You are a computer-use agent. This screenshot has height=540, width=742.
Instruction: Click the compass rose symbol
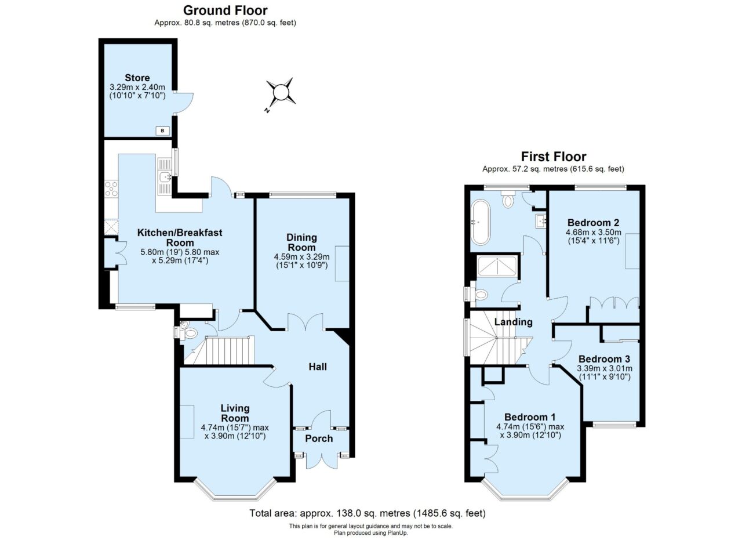pos(281,91)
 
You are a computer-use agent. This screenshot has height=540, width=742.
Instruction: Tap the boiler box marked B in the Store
pos(163,131)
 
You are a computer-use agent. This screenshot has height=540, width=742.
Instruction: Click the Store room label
pos(137,78)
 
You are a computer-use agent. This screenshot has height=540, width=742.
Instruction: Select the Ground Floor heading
pos(225,10)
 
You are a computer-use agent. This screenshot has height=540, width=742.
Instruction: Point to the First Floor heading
pos(554,157)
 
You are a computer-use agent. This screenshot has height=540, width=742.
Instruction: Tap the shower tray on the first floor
pos(497,266)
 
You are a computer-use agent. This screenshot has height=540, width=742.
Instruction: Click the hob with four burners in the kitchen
pos(111,189)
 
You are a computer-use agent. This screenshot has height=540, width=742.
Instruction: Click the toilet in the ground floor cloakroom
pos(190,332)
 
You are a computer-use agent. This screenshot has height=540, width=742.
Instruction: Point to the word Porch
pos(319,438)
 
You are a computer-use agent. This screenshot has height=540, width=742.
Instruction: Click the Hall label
pos(318,367)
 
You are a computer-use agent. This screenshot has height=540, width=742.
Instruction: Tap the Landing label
pos(514,322)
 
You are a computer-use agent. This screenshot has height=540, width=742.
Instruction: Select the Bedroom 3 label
pos(604,359)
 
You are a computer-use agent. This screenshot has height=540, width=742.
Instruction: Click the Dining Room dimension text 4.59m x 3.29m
pos(301,256)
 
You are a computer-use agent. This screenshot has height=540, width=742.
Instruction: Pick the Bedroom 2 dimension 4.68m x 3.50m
pos(594,232)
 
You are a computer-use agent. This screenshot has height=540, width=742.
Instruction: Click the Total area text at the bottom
pos(368,513)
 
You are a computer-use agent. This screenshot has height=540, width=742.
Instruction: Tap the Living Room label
pos(235,413)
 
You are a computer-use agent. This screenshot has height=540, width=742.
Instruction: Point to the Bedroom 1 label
pos(530,416)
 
